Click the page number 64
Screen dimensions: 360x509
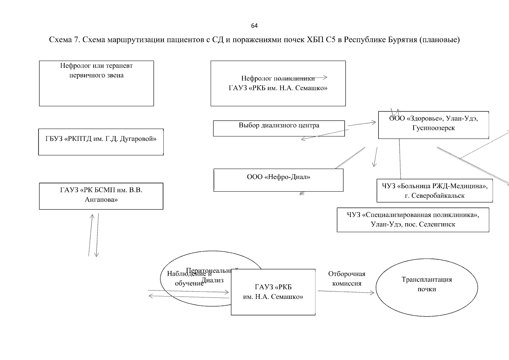click(254, 26)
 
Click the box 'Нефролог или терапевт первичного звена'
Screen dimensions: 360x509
click(96, 83)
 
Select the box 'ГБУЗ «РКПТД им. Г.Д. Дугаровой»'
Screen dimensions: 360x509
click(101, 142)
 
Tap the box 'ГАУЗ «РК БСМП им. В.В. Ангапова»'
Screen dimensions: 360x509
click(101, 196)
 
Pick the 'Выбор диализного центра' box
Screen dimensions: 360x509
click(279, 128)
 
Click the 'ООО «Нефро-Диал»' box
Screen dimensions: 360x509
click(278, 180)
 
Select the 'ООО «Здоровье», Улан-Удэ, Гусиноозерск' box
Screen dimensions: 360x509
click(433, 125)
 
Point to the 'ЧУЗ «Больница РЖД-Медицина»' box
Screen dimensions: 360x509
click(434, 190)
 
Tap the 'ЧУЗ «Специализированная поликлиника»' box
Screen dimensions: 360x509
click(413, 220)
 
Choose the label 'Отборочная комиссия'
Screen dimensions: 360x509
click(347, 279)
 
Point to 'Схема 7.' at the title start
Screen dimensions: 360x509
click(64, 40)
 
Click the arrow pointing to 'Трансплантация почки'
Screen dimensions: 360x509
click(346, 292)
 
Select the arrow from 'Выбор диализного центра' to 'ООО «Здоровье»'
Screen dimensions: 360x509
click(362, 124)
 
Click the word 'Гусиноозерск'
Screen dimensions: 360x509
click(433, 128)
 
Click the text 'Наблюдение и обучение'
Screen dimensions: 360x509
click(189, 278)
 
